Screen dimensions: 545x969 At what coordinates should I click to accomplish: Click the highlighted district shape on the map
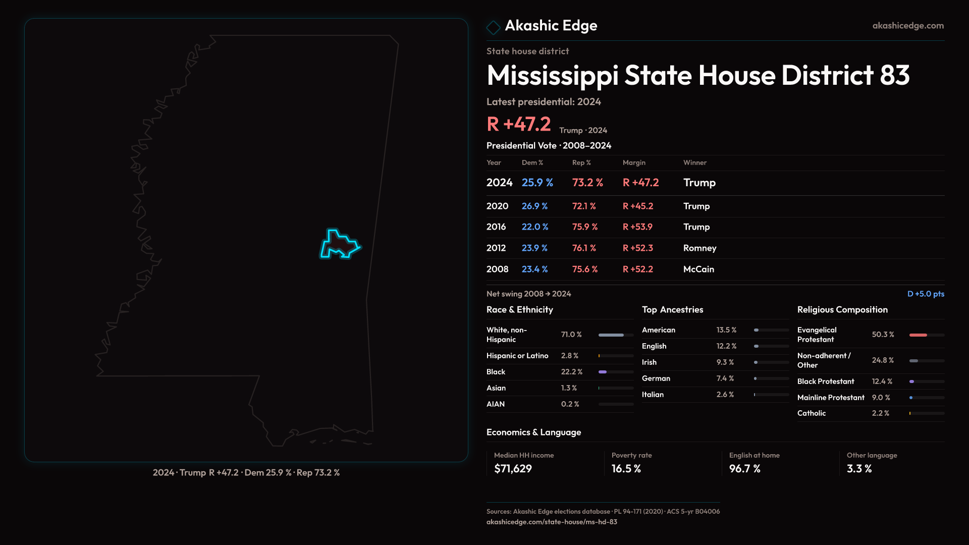[x=339, y=245]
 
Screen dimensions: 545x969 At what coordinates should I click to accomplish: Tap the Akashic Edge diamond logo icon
[x=493, y=27]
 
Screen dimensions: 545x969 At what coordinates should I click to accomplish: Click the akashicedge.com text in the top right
[x=908, y=26]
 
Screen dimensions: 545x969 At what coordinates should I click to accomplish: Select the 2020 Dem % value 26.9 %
[x=534, y=206]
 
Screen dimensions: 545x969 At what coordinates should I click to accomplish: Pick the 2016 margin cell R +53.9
[x=637, y=227]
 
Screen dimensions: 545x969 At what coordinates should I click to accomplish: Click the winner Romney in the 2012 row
[x=699, y=248]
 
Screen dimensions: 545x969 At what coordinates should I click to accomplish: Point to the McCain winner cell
[x=698, y=269]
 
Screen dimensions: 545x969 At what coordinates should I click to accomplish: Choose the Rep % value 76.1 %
[x=584, y=248]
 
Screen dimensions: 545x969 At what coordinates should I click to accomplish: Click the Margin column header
[x=634, y=162]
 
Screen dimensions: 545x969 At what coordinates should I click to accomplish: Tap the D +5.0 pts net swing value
[x=926, y=294]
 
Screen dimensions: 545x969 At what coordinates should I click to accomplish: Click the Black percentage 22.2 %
[x=571, y=372]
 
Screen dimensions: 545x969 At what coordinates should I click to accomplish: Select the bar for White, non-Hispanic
[x=616, y=335]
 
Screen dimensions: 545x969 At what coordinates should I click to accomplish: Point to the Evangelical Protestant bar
[x=927, y=335]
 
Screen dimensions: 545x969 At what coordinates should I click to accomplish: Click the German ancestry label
[x=656, y=378]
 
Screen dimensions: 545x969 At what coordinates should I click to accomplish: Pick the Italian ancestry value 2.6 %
[x=725, y=395]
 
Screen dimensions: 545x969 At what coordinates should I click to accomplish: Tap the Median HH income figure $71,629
[x=513, y=469]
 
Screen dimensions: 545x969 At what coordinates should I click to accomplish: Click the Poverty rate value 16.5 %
[x=626, y=469]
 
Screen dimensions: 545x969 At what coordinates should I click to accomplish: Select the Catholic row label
[x=812, y=413]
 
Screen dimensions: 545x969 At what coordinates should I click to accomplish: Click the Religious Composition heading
[x=842, y=310]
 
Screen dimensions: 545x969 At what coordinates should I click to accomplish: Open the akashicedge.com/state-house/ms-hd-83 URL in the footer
[x=552, y=522]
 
